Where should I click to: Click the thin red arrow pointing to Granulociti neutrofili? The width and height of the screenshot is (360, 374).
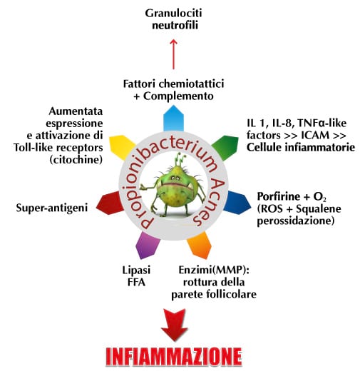pos(174,54)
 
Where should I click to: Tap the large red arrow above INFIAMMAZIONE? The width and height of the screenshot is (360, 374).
pos(174,325)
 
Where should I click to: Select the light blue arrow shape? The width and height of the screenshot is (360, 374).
pos(173,118)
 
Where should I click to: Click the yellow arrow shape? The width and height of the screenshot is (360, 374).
pos(122,147)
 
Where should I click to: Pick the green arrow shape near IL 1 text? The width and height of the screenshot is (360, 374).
pos(226,147)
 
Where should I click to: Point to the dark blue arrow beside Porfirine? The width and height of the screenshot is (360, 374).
pos(237,203)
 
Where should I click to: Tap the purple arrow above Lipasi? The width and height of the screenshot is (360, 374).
pos(148,246)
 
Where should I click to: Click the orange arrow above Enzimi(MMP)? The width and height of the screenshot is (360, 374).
pos(200,246)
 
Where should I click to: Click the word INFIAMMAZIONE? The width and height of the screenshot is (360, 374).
pos(174,357)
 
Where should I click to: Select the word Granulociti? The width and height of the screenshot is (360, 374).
pos(173,13)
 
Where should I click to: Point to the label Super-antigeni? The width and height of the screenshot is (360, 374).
pos(52,208)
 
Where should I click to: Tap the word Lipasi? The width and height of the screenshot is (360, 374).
pos(136,271)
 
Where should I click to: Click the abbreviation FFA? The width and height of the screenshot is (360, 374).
pos(136,283)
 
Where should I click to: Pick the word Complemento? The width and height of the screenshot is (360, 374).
pos(178,96)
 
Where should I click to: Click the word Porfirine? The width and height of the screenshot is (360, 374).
pos(279,196)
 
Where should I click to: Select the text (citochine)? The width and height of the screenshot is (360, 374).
pos(76,160)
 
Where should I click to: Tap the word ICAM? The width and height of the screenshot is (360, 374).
pos(315,135)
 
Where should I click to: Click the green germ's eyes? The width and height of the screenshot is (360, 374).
pos(175,178)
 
